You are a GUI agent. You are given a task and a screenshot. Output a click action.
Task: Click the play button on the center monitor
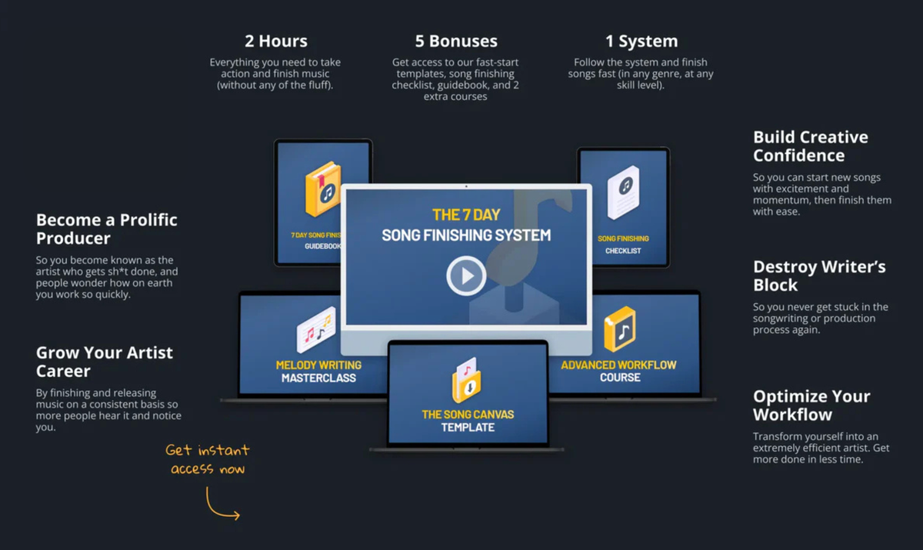466,275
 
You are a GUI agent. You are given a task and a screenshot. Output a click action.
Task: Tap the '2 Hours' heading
275,42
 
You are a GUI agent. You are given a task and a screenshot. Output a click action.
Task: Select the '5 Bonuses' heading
456,42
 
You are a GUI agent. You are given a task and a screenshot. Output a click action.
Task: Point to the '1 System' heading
641,42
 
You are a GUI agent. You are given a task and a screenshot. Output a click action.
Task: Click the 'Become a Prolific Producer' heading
106,229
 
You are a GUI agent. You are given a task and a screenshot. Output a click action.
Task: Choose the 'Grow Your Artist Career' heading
105,362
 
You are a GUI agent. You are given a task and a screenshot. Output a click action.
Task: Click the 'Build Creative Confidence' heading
810,146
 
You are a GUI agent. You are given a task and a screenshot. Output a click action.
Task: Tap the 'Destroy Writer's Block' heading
818,275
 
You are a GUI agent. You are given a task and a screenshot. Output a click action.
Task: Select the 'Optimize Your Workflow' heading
811,405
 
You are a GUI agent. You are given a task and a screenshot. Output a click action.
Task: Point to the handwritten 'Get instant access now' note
208,459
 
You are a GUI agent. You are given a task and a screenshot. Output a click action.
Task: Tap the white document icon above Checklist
623,190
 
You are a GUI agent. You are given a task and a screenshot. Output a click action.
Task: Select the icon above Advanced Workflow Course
620,329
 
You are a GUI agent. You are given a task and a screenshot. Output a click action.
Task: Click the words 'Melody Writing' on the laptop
318,365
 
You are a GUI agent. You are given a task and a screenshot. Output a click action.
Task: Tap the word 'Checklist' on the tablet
623,251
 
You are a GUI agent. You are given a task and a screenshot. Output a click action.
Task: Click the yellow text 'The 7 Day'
465,215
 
